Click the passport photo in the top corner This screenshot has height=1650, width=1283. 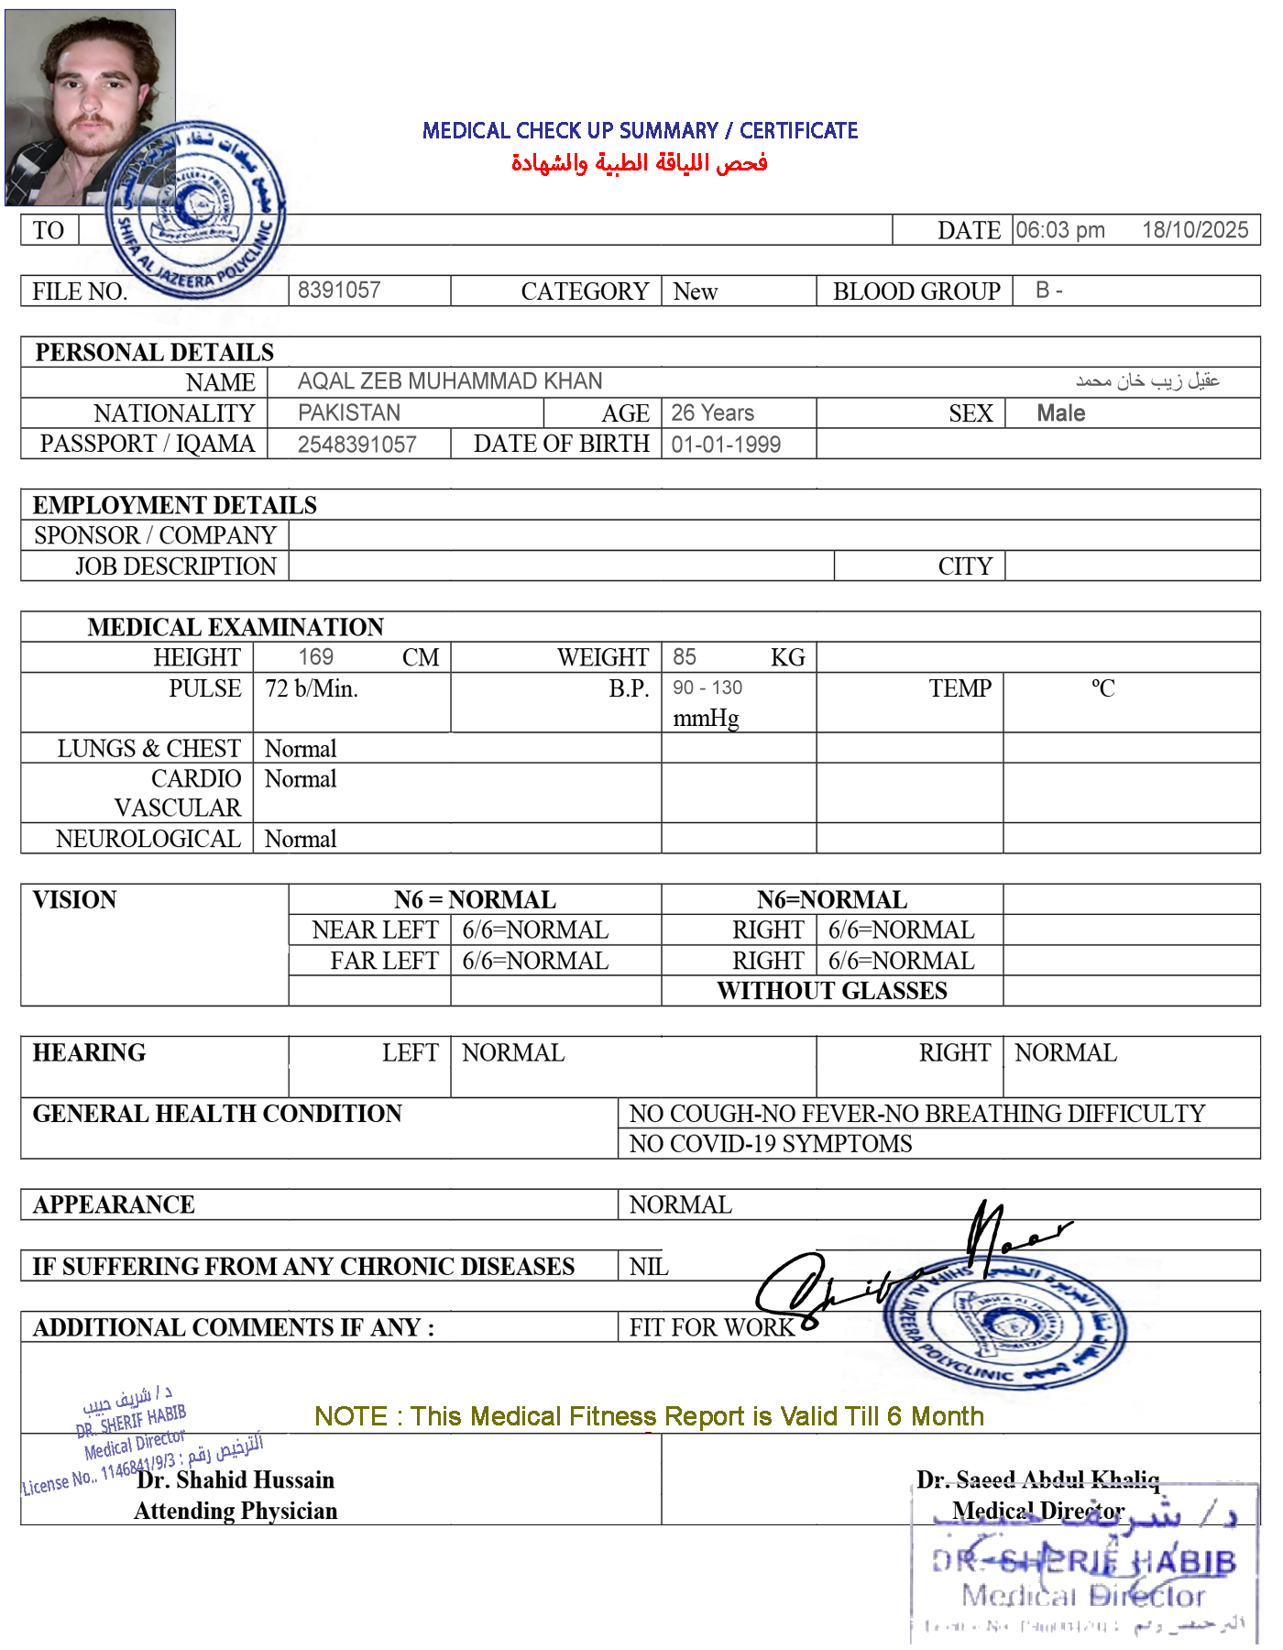point(90,107)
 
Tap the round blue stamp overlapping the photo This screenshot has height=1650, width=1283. point(195,210)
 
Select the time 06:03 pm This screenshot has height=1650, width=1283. point(1059,230)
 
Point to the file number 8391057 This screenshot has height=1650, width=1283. point(339,291)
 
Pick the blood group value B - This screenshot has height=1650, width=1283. point(1048,291)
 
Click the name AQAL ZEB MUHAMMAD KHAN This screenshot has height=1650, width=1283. point(450,381)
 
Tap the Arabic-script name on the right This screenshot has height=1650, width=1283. point(1146,379)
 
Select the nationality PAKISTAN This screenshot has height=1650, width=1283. point(349,412)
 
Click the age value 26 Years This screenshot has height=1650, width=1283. point(712,412)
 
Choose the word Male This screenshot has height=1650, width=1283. point(1060,413)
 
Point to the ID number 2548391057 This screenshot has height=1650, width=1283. point(356,445)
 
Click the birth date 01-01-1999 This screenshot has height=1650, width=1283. point(726,445)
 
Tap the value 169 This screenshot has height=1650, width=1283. point(315,656)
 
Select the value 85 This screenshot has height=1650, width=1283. point(684,656)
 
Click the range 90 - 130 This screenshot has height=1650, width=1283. point(708,688)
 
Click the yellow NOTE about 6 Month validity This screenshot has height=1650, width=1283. point(649,1416)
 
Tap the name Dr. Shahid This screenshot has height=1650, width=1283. point(192,1479)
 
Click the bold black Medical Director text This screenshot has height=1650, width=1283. point(1038,1510)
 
